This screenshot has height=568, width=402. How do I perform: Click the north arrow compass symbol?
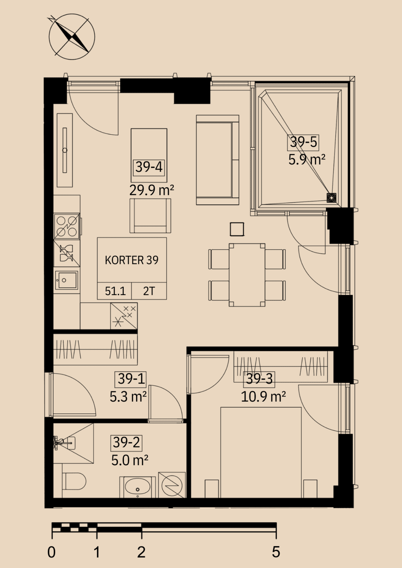72,37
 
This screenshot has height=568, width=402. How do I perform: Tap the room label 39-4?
149,167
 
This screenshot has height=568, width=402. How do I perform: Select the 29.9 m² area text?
151,190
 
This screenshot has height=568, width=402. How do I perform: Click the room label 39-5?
304,142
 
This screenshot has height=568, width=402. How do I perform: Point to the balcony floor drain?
331,197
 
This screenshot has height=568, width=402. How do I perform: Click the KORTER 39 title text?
132,260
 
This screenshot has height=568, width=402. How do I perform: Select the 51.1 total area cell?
115,291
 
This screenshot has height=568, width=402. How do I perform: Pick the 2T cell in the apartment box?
149,291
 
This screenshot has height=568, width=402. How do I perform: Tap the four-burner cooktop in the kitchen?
67,226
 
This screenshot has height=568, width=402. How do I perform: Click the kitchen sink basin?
67,280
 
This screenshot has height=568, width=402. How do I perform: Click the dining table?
247,275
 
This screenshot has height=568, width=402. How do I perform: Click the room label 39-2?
126,443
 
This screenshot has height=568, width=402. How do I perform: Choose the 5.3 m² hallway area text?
128,397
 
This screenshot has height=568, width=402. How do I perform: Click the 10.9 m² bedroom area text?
263,397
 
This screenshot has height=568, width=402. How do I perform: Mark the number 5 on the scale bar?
276,552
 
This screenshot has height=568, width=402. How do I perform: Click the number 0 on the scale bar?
51,552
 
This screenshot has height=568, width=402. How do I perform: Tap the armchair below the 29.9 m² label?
150,216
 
